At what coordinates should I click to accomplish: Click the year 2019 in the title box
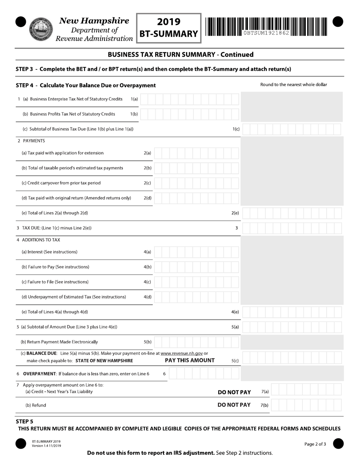(x=169, y=22)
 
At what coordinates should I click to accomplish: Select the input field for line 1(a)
(x=189, y=99)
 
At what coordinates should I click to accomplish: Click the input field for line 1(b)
(x=189, y=114)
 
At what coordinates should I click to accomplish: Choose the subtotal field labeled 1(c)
(x=292, y=129)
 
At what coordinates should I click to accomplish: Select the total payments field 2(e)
(x=292, y=213)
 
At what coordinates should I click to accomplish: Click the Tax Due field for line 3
(x=292, y=228)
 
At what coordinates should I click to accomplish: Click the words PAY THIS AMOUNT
(x=189, y=360)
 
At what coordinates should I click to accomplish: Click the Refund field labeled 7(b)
(x=306, y=405)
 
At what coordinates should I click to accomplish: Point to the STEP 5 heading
(x=25, y=421)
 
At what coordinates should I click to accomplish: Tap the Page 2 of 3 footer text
(x=315, y=444)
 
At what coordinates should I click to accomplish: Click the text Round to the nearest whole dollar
(x=293, y=84)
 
